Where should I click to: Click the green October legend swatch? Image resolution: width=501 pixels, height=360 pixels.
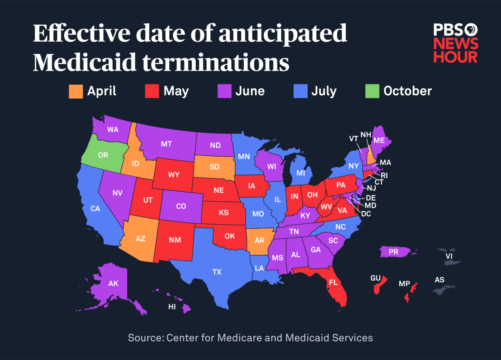point(372,91)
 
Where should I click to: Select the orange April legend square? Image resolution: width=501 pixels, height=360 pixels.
point(76,91)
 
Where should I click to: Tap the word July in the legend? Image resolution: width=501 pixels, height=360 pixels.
point(324,91)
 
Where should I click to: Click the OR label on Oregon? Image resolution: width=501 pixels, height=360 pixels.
point(103,155)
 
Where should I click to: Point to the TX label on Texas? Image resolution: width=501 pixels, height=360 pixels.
point(217,272)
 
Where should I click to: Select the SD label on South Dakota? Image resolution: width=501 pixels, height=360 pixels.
point(215,167)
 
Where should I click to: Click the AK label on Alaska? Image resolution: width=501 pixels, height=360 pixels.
point(113,284)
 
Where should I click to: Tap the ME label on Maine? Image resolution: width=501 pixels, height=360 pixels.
point(379,141)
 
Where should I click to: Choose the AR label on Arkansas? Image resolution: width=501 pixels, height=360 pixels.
point(260,241)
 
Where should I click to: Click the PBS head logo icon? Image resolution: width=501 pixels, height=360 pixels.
point(471,30)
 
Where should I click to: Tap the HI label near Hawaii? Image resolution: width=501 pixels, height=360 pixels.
point(172,307)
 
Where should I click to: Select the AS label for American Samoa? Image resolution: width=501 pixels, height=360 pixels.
point(439,280)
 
